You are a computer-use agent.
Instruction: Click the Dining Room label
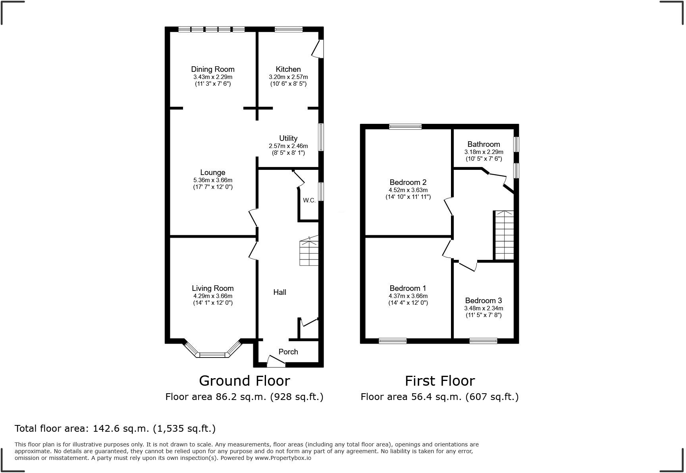pos(213,69)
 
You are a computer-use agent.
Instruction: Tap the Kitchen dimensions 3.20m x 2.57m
pos(288,77)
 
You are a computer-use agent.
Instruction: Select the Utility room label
pos(288,138)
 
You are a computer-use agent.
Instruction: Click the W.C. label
pos(309,200)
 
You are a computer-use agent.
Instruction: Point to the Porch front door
pos(276,361)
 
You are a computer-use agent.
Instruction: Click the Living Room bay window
pos(213,354)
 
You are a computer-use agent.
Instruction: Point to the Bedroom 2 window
pos(405,127)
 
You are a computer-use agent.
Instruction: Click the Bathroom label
pos(484,144)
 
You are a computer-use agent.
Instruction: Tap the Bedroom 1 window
pos(393,340)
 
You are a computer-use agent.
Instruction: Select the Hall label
pos(279,292)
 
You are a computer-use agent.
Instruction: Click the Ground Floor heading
pos(244,381)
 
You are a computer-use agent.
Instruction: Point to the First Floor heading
pos(439,381)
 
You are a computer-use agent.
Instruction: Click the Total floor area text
pos(115,429)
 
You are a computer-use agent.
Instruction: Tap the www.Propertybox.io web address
pos(283,458)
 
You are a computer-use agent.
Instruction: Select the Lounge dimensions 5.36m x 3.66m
pos(213,180)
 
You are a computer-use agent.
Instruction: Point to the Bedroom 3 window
pos(483,340)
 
